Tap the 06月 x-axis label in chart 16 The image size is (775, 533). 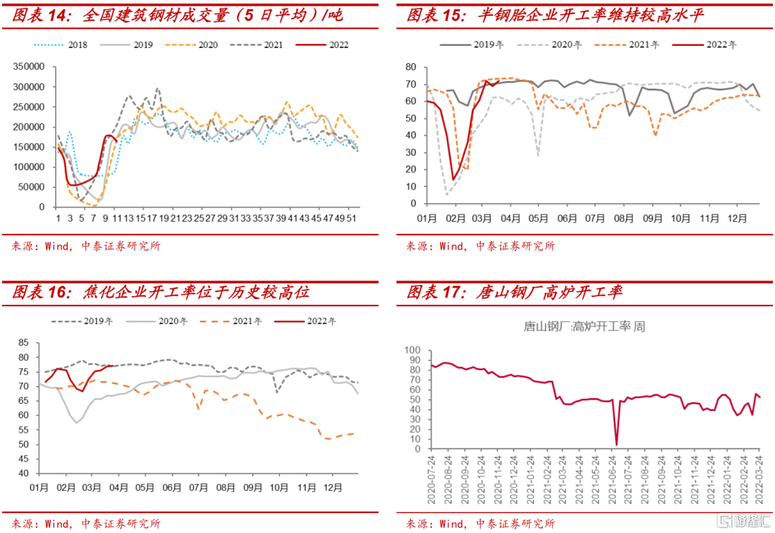pyautogui.click(x=172, y=488)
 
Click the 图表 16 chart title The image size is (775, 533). pyautogui.click(x=161, y=292)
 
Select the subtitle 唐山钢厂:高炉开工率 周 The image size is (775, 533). pyautogui.click(x=584, y=327)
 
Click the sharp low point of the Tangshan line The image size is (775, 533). pyautogui.click(x=616, y=445)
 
